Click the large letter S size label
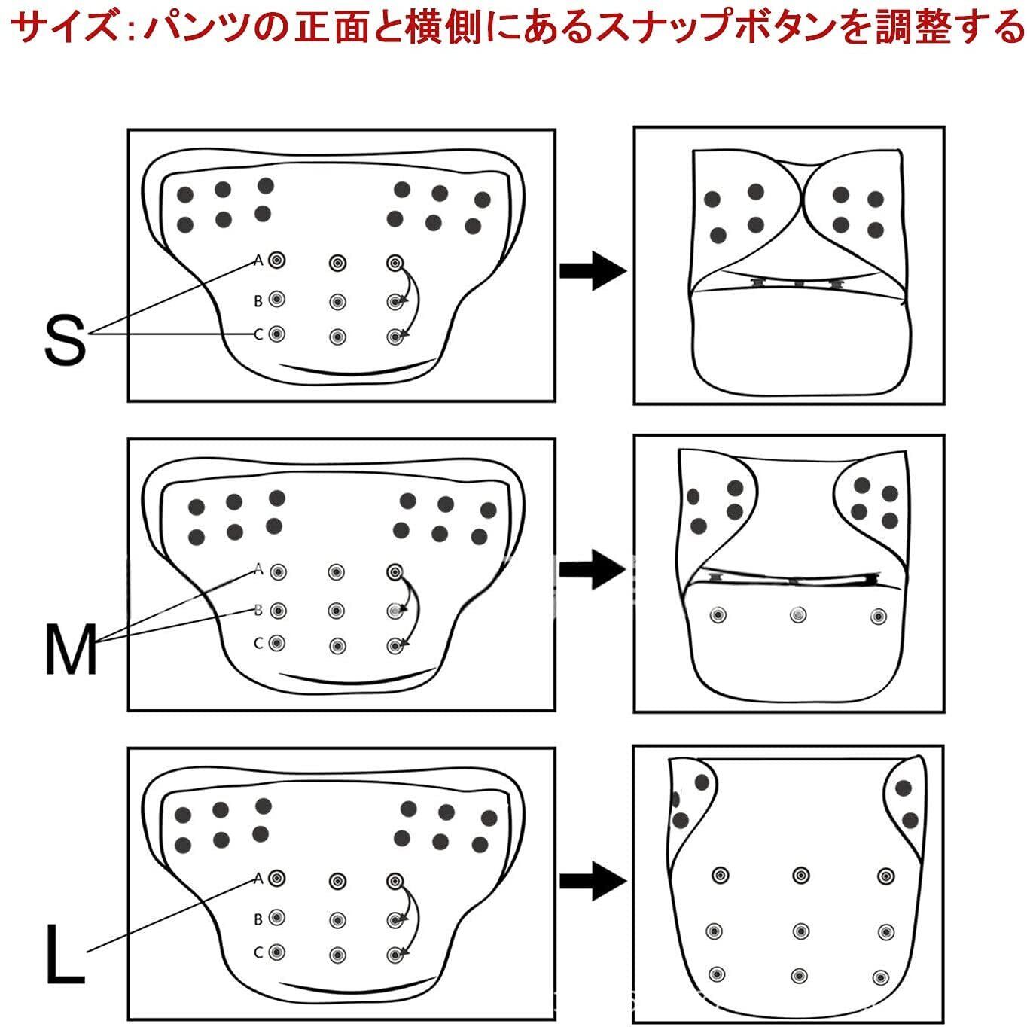[66, 340]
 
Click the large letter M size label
[72, 650]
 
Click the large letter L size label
[64, 955]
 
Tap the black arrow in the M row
[593, 570]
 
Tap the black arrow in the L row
[593, 881]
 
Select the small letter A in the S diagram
[258, 261]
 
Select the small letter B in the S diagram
[258, 301]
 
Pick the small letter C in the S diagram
[258, 334]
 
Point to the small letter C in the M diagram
[258, 644]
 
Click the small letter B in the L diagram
[258, 919]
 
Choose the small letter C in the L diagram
[258, 952]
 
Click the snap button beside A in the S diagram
[277, 261]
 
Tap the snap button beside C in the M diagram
[277, 644]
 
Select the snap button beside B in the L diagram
[277, 918]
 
